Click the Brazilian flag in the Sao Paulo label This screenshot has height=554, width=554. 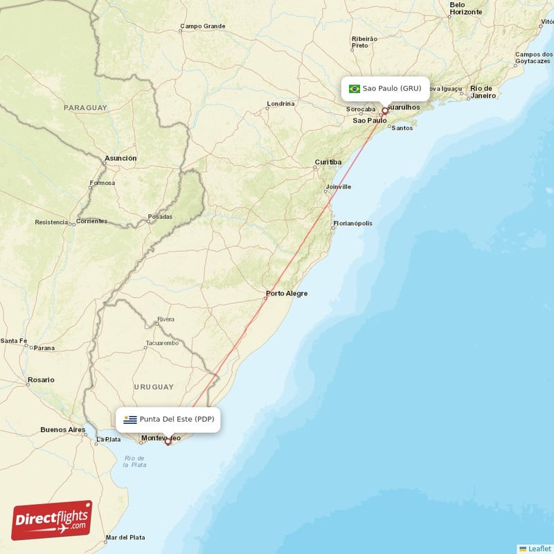[355, 89]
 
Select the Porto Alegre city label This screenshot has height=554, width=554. [287, 294]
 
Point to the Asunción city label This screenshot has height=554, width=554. [120, 159]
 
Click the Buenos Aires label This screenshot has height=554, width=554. [62, 429]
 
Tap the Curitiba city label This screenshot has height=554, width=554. [328, 162]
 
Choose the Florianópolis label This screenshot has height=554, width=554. [353, 224]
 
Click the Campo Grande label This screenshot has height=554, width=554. [203, 26]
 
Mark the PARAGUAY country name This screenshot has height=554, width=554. [85, 108]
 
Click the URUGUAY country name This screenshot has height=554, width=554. [154, 386]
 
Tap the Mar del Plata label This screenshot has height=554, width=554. [125, 537]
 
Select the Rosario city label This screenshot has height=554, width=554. [41, 380]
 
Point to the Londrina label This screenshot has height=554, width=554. [280, 104]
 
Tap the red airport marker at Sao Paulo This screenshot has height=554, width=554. [385, 110]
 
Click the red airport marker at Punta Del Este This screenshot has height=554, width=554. [168, 441]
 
